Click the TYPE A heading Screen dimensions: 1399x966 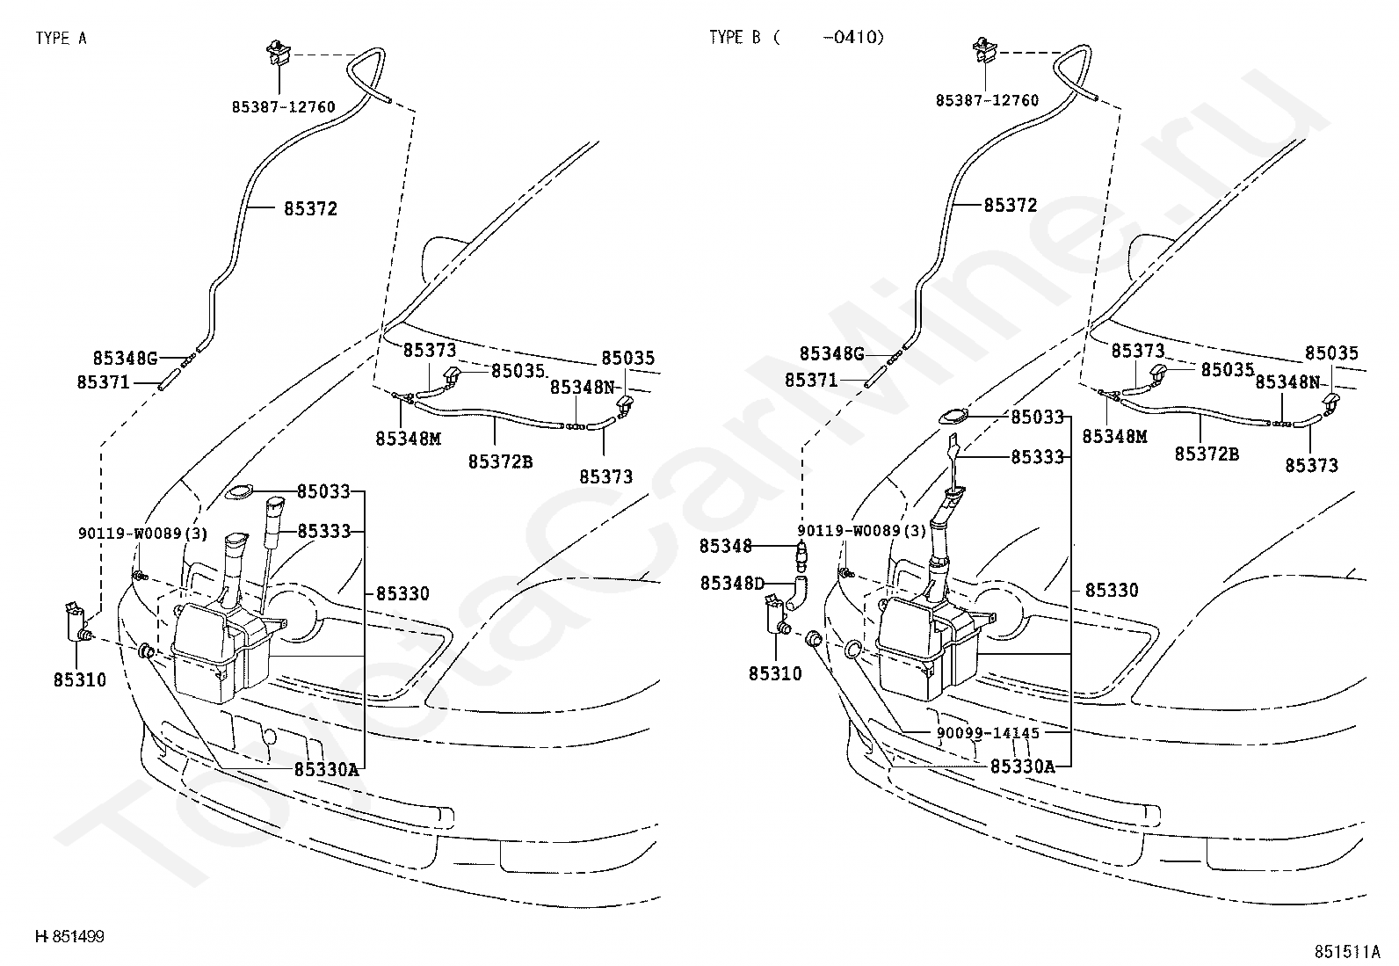click(x=62, y=39)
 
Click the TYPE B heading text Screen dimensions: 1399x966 click(x=797, y=38)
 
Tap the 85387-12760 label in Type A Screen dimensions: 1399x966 click(x=284, y=107)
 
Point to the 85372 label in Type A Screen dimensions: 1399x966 click(x=310, y=208)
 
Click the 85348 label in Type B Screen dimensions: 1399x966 click(x=726, y=546)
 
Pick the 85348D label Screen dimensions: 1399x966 click(x=732, y=584)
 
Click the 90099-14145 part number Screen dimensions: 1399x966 click(x=988, y=733)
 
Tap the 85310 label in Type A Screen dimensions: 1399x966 click(x=80, y=679)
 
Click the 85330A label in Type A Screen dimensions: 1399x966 click(x=327, y=770)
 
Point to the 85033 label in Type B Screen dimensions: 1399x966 click(x=1037, y=417)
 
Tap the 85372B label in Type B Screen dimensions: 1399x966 click(x=1207, y=454)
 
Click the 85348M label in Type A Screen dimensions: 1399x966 click(x=409, y=439)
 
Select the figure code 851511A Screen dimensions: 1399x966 click(x=1347, y=952)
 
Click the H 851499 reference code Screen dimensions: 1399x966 click(x=70, y=937)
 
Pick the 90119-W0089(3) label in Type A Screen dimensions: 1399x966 click(x=143, y=534)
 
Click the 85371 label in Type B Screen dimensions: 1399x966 click(x=811, y=380)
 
